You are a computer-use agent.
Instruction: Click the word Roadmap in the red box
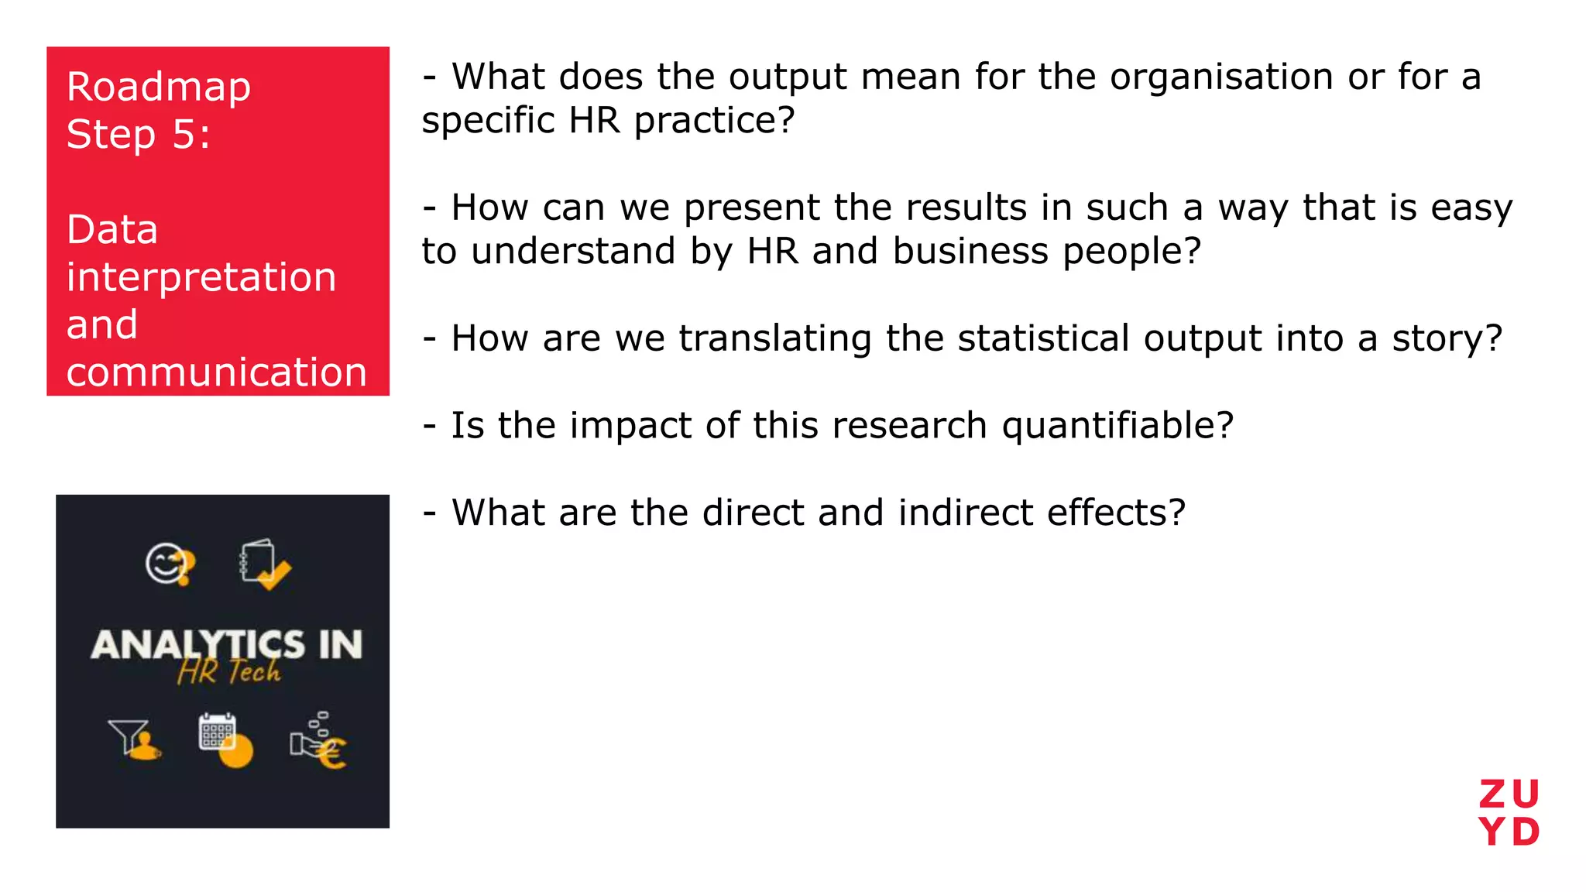159,87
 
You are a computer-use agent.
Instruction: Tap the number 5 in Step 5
184,135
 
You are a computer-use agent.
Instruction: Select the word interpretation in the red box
201,277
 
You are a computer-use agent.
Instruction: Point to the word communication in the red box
216,372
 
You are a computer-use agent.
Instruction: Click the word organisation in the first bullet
1221,77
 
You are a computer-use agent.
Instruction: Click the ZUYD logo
1509,813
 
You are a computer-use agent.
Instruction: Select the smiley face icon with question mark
170,564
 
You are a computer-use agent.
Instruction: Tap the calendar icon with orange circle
225,739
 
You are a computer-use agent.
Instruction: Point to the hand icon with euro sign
318,741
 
